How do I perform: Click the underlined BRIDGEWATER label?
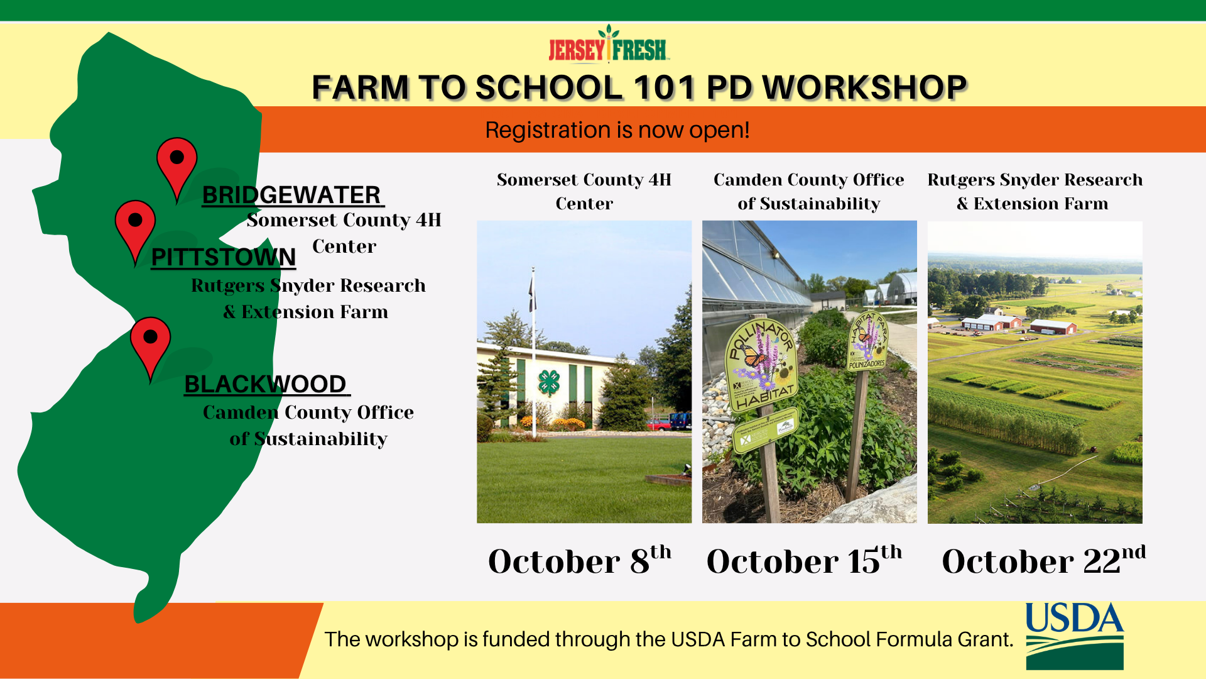click(291, 196)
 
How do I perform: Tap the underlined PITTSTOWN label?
click(224, 257)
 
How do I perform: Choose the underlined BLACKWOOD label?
click(266, 384)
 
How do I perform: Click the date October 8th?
click(580, 560)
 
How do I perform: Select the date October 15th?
click(804, 560)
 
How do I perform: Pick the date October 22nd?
click(1043, 560)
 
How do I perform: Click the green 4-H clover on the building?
click(549, 382)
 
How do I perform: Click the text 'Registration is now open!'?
click(617, 130)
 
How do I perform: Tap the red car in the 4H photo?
click(658, 426)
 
